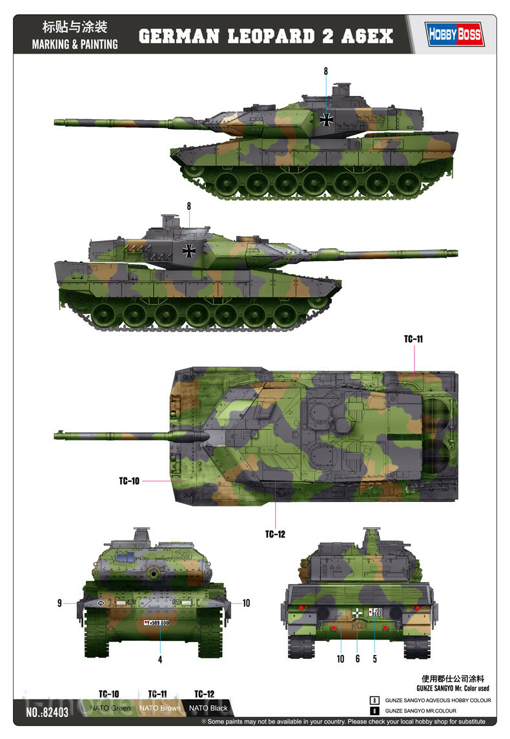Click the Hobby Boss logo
[454, 34]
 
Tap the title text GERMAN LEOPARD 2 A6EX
[266, 36]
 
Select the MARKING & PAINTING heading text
[75, 45]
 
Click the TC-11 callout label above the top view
[413, 338]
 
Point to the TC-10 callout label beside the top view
[129, 481]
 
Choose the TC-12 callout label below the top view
[275, 534]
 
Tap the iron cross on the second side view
[189, 250]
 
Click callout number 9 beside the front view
[59, 603]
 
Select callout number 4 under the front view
[160, 660]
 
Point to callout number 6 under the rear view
[358, 660]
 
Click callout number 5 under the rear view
[374, 660]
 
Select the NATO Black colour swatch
[207, 708]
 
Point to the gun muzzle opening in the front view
[154, 573]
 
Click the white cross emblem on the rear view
[358, 611]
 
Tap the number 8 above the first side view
[326, 71]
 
